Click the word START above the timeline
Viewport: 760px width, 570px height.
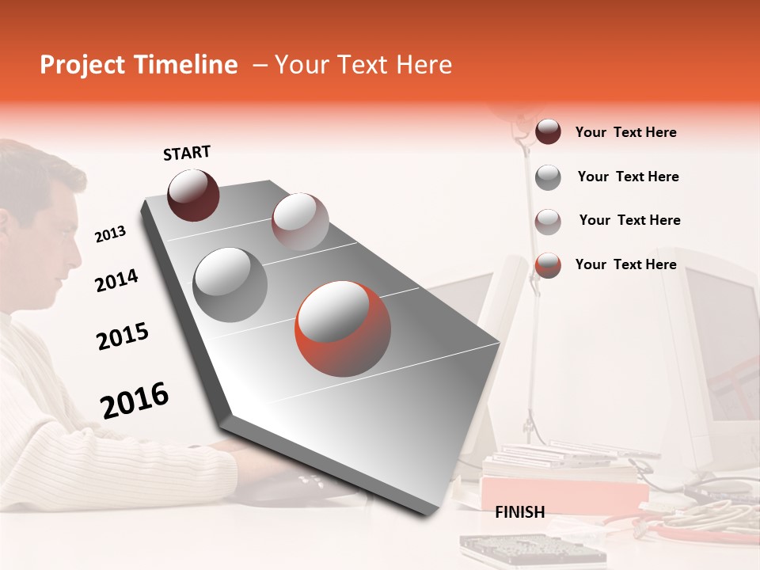187,153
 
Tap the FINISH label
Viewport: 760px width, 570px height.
519,512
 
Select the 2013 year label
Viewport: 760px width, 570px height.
110,234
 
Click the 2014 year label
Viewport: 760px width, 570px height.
116,281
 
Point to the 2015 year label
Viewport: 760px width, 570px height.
123,336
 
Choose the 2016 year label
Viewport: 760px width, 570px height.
135,401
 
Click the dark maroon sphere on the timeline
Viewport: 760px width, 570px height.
193,195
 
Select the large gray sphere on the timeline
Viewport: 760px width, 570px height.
230,285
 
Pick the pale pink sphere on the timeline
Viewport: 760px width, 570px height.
299,221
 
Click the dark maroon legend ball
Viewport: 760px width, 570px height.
548,132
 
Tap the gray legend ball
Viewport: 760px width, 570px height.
548,177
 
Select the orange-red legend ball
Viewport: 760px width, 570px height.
548,265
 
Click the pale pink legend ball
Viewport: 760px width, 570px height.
548,222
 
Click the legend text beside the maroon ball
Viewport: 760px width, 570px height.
625,132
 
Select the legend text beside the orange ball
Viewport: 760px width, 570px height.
625,264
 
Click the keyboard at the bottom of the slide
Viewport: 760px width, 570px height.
532,549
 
